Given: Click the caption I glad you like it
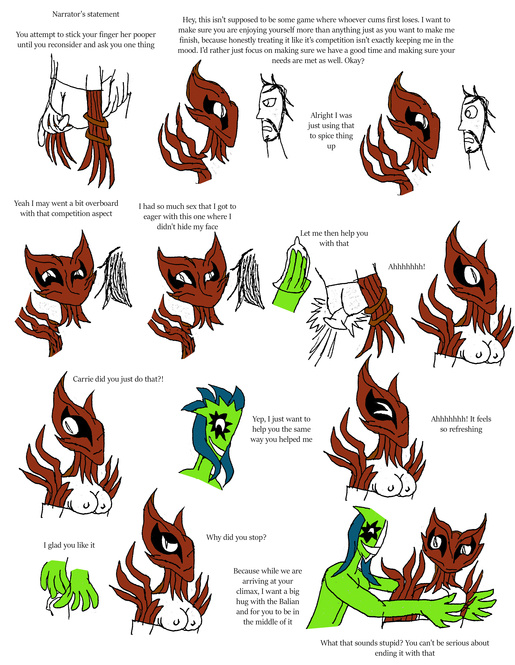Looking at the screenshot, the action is point(69,545).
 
